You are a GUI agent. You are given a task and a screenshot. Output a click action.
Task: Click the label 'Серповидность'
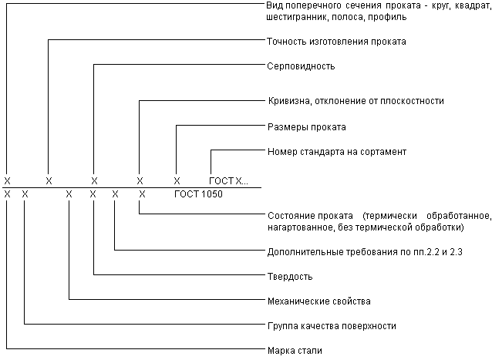tap(301, 66)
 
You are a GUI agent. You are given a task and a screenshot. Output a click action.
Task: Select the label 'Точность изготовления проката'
tap(336, 42)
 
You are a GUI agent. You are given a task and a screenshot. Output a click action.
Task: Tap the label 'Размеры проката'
tap(307, 127)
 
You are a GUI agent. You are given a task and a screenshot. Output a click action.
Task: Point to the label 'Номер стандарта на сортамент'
tap(337, 152)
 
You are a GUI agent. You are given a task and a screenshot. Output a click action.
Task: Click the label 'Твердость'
tap(290, 277)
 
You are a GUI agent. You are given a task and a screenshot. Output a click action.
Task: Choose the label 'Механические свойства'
tap(319, 301)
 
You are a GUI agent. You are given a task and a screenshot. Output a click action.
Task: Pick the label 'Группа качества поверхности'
tap(332, 326)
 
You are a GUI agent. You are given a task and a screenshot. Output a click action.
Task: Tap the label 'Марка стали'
tap(295, 351)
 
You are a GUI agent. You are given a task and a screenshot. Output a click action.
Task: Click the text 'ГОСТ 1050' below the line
tap(198, 194)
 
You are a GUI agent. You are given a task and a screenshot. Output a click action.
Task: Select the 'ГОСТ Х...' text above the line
tap(228, 181)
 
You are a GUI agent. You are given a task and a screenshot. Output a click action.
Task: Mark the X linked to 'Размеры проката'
tap(177, 181)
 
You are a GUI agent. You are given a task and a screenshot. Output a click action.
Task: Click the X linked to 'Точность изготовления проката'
tap(49, 181)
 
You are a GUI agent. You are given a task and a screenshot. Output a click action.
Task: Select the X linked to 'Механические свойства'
tap(69, 194)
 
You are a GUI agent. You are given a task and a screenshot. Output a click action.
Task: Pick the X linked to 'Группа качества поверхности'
tap(25, 194)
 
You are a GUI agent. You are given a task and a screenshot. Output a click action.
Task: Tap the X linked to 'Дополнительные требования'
tap(115, 194)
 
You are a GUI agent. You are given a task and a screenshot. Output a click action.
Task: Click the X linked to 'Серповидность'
tap(94, 181)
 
